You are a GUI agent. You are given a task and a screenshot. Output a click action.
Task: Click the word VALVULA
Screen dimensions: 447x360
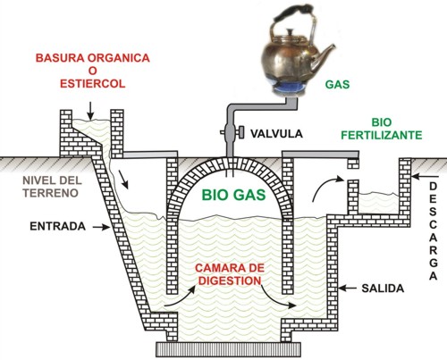pyautogui.click(x=276, y=134)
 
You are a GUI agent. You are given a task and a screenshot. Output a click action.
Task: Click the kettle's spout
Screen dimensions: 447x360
pyautogui.click(x=324, y=55)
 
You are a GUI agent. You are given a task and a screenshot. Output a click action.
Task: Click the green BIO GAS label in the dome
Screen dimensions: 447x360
pyautogui.click(x=233, y=195)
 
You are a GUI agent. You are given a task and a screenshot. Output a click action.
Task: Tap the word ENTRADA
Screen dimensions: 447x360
pyautogui.click(x=57, y=226)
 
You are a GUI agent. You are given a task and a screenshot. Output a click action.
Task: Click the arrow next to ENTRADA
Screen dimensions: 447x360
pyautogui.click(x=101, y=227)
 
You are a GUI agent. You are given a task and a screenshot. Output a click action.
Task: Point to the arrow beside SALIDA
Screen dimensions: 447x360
pyautogui.click(x=348, y=289)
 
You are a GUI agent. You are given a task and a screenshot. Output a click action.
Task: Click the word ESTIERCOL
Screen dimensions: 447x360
pyautogui.click(x=93, y=84)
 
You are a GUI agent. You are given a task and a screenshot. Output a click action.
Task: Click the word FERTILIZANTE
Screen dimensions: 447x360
pyautogui.click(x=382, y=135)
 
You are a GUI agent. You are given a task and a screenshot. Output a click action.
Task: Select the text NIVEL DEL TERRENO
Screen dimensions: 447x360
pyautogui.click(x=52, y=187)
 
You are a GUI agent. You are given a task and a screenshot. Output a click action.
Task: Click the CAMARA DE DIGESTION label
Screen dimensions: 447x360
pyautogui.click(x=230, y=274)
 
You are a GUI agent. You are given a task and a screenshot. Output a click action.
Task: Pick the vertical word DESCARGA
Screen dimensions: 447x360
pyautogui.click(x=433, y=231)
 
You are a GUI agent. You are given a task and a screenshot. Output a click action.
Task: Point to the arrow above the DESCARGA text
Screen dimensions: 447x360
pyautogui.click(x=423, y=177)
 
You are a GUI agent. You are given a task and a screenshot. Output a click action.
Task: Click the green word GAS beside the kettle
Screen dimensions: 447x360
pyautogui.click(x=337, y=85)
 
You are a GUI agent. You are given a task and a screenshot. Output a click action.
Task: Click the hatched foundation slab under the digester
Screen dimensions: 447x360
pyautogui.click(x=228, y=349)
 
